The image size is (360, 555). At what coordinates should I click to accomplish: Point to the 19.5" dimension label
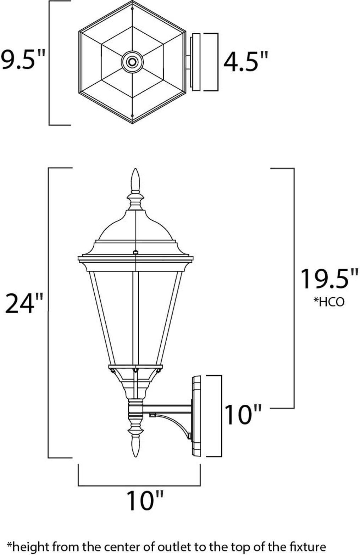point(329,279)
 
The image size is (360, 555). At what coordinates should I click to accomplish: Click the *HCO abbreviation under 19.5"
point(329,302)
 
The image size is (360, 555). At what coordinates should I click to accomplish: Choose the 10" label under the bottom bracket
point(145,500)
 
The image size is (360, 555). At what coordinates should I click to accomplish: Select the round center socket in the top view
point(132,62)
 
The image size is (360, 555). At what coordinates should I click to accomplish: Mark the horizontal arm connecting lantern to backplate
point(167,409)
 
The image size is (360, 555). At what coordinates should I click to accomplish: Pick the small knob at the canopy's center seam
point(135,252)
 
